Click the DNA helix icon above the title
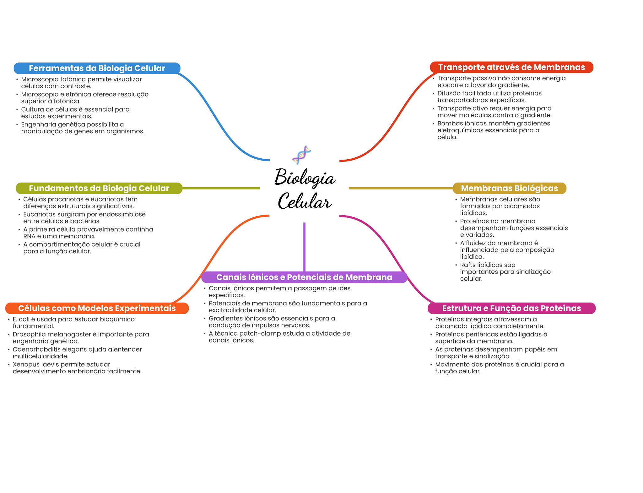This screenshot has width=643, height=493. click(x=301, y=155)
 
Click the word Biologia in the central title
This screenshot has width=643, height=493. click(x=305, y=178)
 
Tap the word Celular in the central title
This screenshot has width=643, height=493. click(x=304, y=201)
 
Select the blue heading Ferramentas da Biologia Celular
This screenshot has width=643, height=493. click(x=97, y=68)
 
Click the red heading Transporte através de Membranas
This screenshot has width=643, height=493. click(x=511, y=67)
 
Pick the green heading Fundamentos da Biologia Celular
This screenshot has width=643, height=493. click(x=99, y=188)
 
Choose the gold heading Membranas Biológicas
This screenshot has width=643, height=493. click(x=509, y=188)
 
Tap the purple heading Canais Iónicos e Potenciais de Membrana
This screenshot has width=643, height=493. click(x=304, y=277)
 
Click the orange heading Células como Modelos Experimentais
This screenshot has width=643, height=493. click(x=97, y=308)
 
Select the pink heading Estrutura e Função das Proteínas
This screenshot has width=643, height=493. click(x=511, y=308)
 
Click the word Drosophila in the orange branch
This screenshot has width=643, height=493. click(x=28, y=334)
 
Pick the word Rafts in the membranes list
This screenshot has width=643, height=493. click(x=467, y=265)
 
